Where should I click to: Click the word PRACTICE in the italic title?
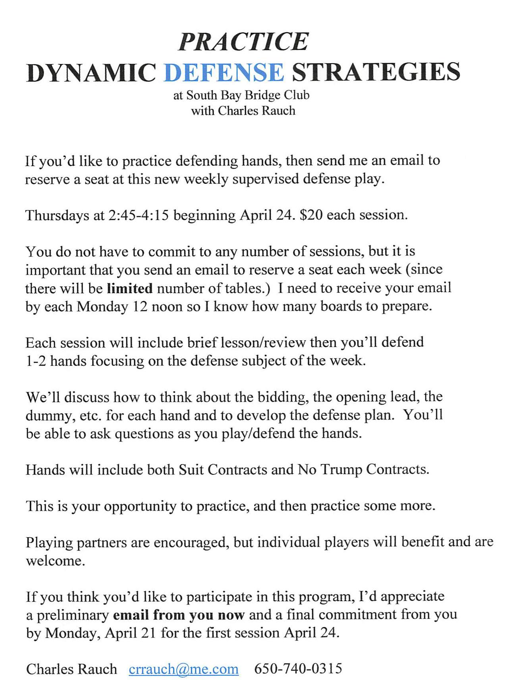(243, 42)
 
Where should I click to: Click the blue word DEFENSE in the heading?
(224, 72)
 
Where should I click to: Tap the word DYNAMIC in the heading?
(91, 73)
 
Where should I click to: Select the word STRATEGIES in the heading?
(376, 72)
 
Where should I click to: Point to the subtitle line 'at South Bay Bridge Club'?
(241, 95)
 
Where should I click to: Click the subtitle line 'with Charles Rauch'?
(243, 111)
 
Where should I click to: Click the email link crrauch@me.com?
(184, 669)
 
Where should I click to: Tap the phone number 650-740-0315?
(298, 669)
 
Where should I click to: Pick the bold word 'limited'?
(129, 288)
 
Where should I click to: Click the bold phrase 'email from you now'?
(178, 615)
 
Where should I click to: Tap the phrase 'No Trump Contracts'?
(363, 470)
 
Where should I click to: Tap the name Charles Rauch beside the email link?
(71, 669)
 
